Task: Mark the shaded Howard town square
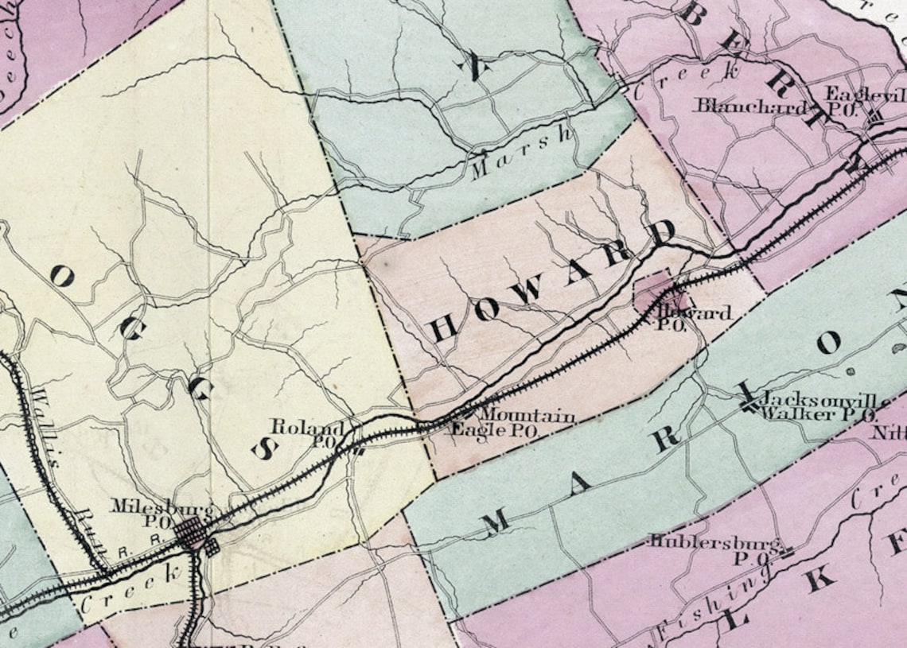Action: point(656,295)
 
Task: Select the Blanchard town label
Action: point(752,106)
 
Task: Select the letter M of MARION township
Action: point(495,521)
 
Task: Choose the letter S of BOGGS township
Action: point(262,451)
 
